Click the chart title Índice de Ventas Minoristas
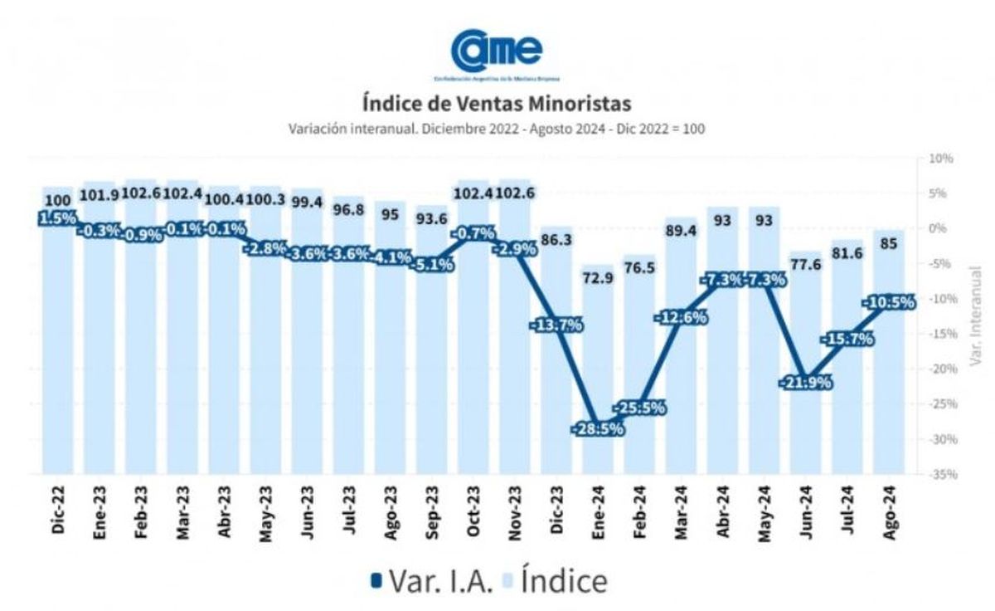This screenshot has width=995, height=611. coord(497,104)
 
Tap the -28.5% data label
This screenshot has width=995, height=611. coord(597,429)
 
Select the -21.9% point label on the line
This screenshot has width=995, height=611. coord(805,383)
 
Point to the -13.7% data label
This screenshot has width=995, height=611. coord(556,325)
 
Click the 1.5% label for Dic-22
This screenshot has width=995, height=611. coord(57,218)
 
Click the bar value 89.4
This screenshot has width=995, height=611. coord(680,230)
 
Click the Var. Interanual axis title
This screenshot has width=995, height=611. coord(975,315)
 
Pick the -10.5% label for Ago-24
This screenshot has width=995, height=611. coord(888,302)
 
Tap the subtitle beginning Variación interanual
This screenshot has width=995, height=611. coord(497,130)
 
